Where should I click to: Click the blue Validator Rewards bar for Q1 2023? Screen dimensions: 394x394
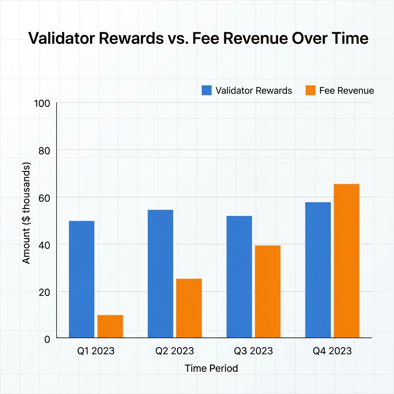click(x=82, y=279)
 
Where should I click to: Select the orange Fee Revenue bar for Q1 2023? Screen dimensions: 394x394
click(x=110, y=326)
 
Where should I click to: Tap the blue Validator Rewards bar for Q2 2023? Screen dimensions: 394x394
click(x=160, y=274)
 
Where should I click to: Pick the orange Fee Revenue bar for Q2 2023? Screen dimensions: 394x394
click(x=189, y=308)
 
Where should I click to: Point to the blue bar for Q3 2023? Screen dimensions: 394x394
click(x=239, y=277)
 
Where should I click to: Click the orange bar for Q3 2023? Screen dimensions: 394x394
click(x=268, y=292)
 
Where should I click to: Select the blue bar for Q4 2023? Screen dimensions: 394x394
click(x=318, y=270)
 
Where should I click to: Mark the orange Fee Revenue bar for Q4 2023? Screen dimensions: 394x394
click(x=346, y=261)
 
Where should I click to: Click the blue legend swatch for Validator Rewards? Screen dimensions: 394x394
click(x=207, y=90)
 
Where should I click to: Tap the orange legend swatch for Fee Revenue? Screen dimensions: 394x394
click(x=310, y=90)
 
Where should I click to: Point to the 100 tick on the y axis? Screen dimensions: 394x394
click(x=42, y=104)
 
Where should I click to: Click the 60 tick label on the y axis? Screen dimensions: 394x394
click(x=45, y=198)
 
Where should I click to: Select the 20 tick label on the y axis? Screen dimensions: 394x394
click(x=45, y=292)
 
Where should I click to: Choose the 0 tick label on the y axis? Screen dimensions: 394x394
click(x=47, y=339)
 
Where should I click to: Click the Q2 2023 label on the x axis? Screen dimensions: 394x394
click(x=174, y=351)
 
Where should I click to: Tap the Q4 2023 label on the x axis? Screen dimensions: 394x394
click(x=332, y=351)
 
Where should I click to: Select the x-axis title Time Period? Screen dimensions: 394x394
click(x=211, y=368)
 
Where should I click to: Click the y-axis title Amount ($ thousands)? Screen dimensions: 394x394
click(x=26, y=214)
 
